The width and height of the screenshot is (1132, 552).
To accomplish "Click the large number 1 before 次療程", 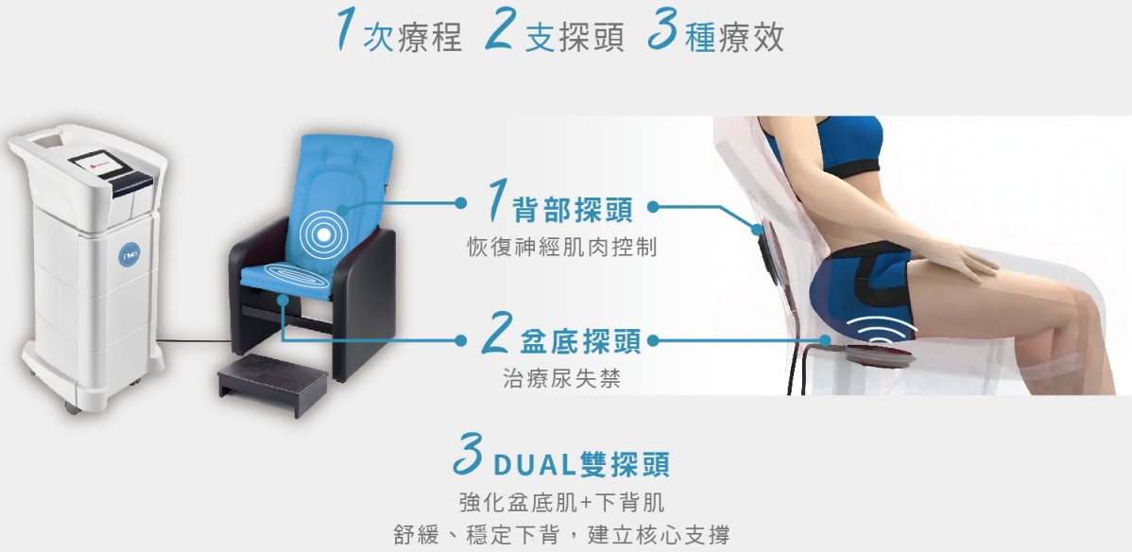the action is (351, 33).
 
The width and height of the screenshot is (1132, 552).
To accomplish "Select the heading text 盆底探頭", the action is (580, 341).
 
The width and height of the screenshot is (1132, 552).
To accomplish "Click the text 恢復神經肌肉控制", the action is (561, 248).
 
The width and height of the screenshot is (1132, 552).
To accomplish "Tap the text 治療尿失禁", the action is (561, 379).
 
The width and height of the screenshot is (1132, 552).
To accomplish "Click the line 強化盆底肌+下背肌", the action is (561, 501).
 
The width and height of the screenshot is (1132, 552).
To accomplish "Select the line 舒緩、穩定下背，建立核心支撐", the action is (561, 535).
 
